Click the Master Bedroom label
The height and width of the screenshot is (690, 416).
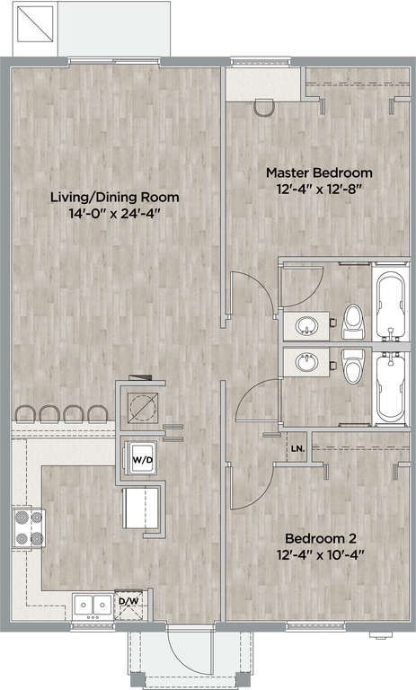click(x=319, y=172)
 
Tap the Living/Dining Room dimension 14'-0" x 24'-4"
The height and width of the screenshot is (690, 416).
click(x=114, y=214)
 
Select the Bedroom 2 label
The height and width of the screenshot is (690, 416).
click(x=321, y=538)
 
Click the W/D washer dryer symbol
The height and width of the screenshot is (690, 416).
click(x=140, y=458)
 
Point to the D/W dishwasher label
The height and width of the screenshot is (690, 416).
click(x=128, y=600)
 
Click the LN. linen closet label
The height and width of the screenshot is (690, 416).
click(x=298, y=449)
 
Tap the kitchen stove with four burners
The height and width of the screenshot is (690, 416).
click(x=29, y=528)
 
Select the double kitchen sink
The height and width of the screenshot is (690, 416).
click(x=93, y=606)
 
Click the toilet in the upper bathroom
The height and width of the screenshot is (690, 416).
click(x=353, y=322)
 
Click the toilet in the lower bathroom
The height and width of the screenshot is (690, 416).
click(x=353, y=366)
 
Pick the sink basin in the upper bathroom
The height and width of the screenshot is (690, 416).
click(x=306, y=326)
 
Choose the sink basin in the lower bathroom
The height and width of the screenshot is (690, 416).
click(x=306, y=363)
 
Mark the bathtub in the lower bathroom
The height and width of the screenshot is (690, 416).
click(x=391, y=387)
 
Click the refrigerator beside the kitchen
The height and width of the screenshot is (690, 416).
click(x=141, y=509)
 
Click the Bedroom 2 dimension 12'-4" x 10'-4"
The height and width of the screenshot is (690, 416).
click(x=322, y=555)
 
